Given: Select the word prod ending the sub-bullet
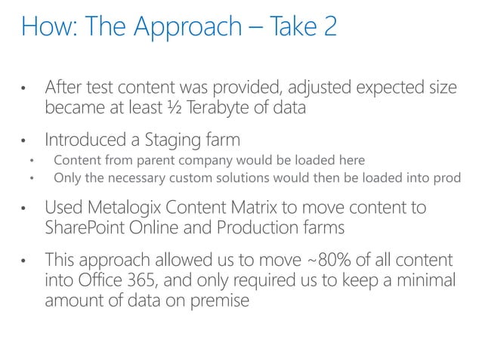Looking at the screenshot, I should click(446, 177).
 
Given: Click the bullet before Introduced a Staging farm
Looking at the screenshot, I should click(25, 141).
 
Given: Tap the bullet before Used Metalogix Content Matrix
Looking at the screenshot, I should click(25, 209).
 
